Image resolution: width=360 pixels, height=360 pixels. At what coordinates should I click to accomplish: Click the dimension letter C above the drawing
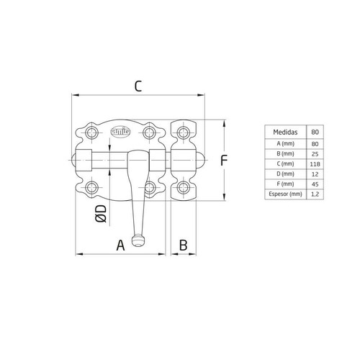point(138,86)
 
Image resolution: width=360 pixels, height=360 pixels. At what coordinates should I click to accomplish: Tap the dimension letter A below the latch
point(121,245)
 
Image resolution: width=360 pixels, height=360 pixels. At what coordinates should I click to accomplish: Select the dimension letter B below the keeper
point(183,245)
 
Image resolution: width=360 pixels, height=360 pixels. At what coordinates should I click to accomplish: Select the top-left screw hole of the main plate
point(91,133)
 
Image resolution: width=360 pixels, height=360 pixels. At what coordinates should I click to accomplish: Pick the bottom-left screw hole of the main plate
point(91,188)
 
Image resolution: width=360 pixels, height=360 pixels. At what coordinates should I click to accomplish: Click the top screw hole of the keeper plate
point(184,133)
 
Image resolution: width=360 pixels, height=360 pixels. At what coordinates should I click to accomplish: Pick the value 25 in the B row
point(315,153)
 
